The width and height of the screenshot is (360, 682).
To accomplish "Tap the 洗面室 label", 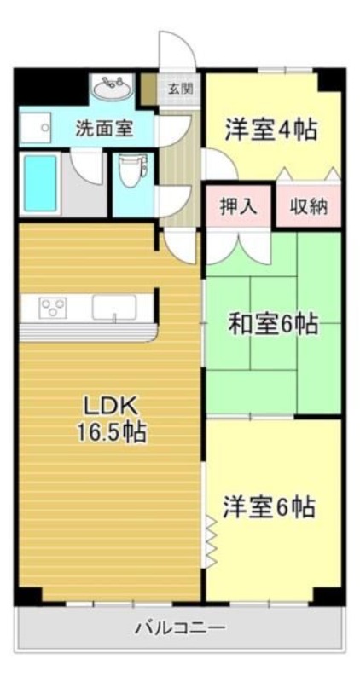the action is click(x=105, y=129).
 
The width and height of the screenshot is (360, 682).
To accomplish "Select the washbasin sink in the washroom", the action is click(x=113, y=89).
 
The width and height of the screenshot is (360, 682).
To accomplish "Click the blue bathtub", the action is click(x=40, y=183).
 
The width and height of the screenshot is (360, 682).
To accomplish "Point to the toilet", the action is click(x=132, y=170).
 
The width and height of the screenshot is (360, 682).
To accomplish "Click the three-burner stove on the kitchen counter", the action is click(x=54, y=307).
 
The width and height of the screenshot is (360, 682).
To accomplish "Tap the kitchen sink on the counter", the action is click(x=114, y=308).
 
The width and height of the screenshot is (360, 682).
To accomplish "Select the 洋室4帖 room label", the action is click(x=270, y=130).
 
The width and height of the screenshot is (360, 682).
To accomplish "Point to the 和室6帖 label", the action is click(x=273, y=324).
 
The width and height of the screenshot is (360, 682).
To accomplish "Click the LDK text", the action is click(x=111, y=407).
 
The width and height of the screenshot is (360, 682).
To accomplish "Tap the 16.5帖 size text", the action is click(x=112, y=432).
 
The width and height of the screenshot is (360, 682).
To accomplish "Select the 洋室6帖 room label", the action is click(x=269, y=506).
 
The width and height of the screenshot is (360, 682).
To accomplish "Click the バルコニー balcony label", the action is click(x=181, y=627).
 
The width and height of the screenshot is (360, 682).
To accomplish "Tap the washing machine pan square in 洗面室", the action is click(x=35, y=127).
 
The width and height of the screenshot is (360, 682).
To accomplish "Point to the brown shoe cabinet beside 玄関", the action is click(x=149, y=90).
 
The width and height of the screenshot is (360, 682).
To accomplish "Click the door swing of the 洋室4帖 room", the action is click(x=220, y=163).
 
